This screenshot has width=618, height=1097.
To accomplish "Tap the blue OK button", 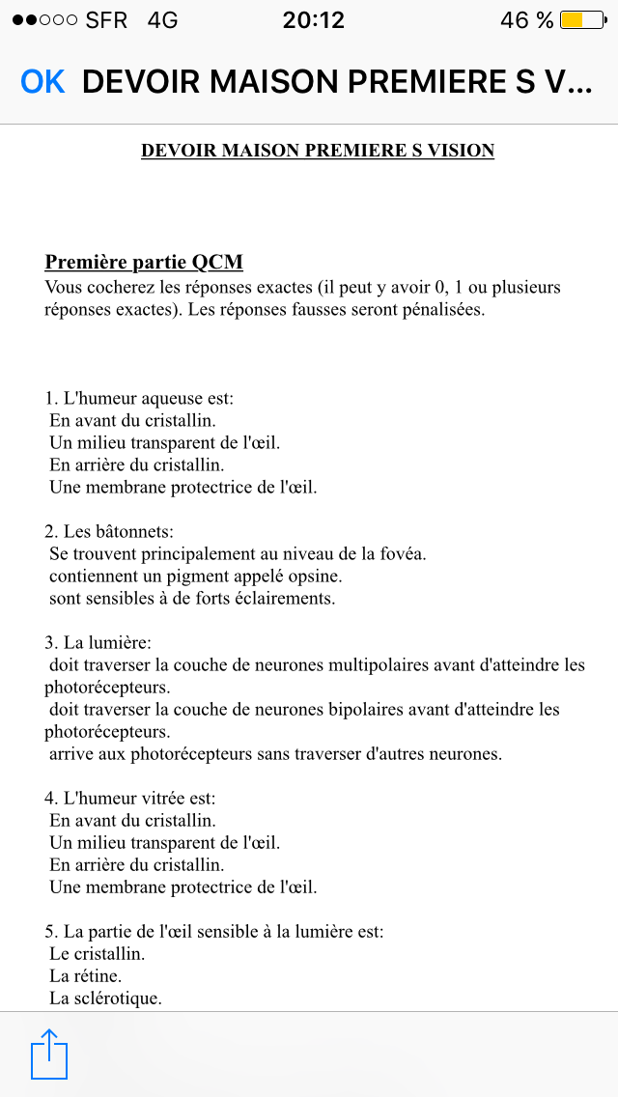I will tap(42, 82).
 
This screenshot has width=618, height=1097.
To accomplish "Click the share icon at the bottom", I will tap(49, 1054).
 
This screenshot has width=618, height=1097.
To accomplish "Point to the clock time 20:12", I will tap(313, 20).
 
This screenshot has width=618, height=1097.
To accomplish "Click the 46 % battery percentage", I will tap(527, 20).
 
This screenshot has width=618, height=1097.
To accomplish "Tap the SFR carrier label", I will tap(106, 20).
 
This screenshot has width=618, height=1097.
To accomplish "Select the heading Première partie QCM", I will tap(144, 263).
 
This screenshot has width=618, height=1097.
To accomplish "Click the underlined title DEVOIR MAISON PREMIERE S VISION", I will tap(318, 151).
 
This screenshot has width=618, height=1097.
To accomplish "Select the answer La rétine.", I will tap(86, 976).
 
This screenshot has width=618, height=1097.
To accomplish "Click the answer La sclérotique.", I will tap(105, 999).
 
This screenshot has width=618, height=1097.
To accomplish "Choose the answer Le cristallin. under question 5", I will tap(97, 954).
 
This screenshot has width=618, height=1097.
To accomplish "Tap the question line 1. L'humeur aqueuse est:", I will tap(140, 398).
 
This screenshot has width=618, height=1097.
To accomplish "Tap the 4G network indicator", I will tap(162, 20).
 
